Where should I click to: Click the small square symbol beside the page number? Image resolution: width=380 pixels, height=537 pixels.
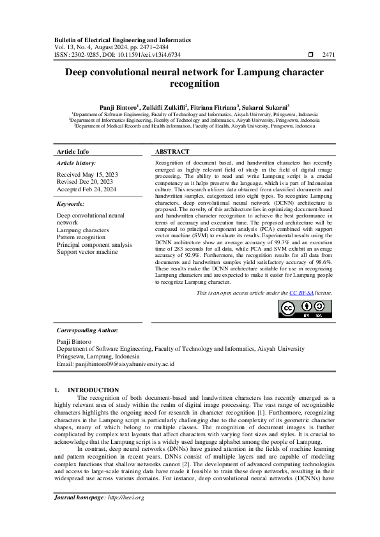pyautogui.click(x=310, y=55)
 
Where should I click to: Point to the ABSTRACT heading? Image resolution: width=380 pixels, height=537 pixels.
pyautogui.click(x=172, y=152)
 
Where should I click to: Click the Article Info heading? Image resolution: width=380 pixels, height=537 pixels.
pyautogui.click(x=73, y=152)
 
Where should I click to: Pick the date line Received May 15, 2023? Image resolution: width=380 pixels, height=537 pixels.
pyautogui.click(x=87, y=174)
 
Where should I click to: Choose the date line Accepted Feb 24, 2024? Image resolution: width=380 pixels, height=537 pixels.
pyautogui.click(x=87, y=189)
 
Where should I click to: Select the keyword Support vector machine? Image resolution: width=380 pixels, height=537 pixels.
pyautogui.click(x=87, y=252)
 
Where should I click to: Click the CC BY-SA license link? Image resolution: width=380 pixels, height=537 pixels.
pyautogui.click(x=300, y=292)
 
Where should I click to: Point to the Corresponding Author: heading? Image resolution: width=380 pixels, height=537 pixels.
pyautogui.click(x=87, y=330)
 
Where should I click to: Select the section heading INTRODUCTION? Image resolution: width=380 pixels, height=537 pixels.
pyautogui.click(x=93, y=390)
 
